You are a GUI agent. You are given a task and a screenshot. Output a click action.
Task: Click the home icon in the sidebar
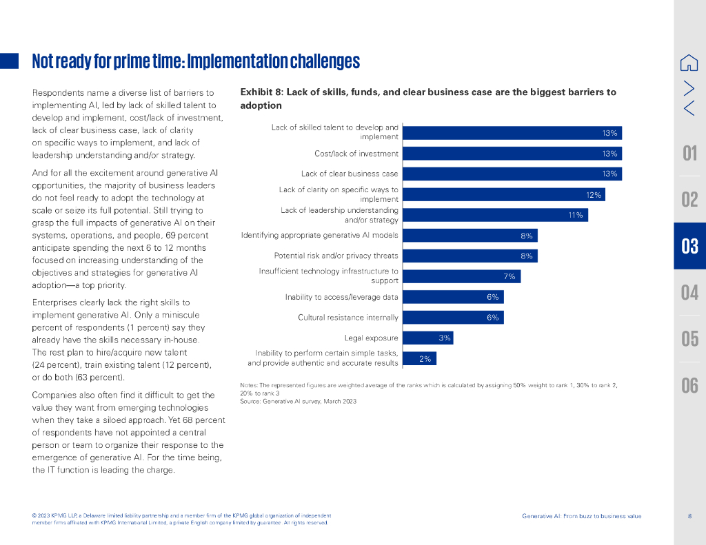689,63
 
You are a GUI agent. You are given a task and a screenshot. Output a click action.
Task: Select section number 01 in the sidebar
689,152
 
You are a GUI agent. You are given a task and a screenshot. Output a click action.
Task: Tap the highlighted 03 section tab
689,246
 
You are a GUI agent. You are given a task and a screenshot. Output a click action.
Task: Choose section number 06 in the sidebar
689,384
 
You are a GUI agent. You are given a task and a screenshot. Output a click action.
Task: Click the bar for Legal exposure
427,338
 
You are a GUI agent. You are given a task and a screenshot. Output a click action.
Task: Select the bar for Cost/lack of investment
512,154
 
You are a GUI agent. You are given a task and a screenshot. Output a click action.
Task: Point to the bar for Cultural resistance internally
453,318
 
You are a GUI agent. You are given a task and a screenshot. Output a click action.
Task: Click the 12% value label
594,195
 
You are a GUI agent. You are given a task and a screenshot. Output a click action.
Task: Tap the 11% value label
576,215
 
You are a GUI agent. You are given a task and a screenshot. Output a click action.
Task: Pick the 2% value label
425,358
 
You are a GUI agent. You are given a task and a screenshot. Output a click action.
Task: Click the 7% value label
510,276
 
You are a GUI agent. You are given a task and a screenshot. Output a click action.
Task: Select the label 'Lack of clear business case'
350,174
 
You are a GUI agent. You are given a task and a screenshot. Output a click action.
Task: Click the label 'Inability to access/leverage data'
341,297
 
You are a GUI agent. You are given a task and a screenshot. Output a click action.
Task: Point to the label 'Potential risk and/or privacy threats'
336,256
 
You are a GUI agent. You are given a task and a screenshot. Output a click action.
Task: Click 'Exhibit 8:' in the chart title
261,92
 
